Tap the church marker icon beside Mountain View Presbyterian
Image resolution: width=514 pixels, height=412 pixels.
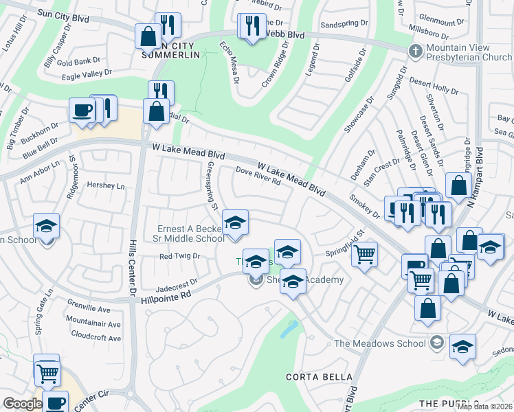(x=414, y=51)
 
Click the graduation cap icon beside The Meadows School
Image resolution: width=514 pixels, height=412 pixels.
(x=463, y=347)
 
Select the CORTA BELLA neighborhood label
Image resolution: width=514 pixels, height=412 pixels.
(x=319, y=377)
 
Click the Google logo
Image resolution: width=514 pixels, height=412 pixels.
(x=22, y=403)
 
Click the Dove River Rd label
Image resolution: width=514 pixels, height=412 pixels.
(x=258, y=177)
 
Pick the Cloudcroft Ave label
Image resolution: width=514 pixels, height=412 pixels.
(x=95, y=338)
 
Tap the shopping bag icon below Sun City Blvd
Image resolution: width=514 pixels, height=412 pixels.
(x=148, y=36)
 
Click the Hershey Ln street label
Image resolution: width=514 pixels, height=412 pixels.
(x=105, y=185)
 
